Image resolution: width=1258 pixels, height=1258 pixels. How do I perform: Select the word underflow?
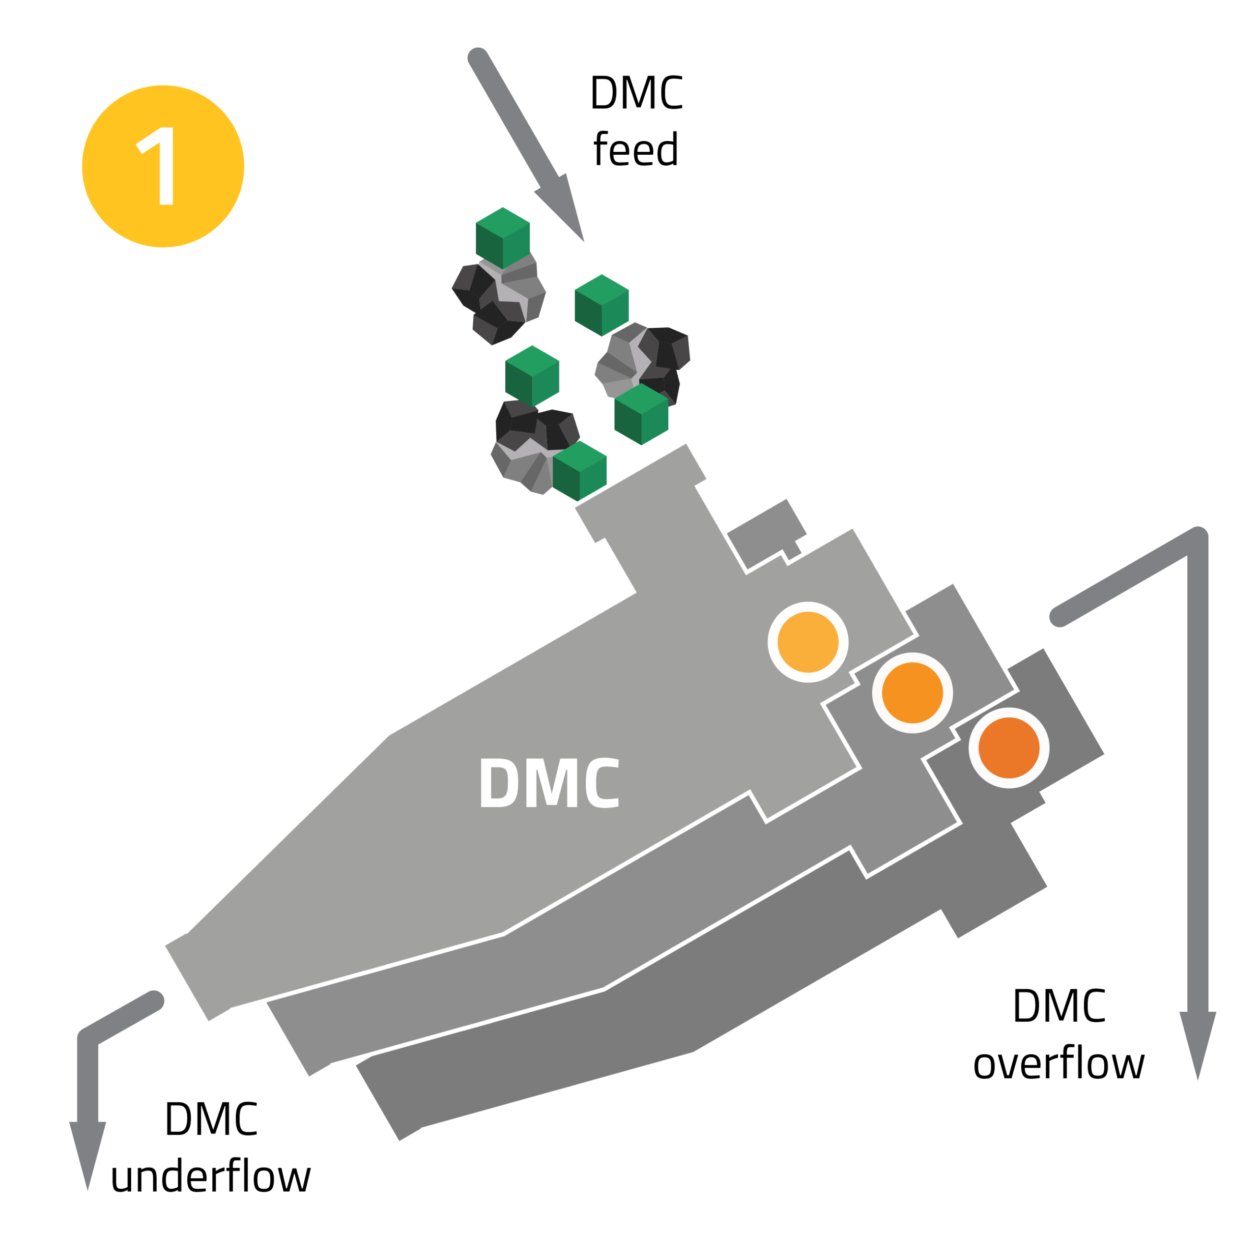click(x=210, y=1177)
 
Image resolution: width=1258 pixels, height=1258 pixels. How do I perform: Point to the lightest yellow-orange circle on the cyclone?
click(x=807, y=642)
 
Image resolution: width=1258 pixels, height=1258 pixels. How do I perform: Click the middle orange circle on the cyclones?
click(x=912, y=693)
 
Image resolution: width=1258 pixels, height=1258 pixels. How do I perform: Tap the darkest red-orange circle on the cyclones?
click(x=1009, y=747)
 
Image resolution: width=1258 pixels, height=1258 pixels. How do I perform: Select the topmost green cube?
click(x=503, y=238)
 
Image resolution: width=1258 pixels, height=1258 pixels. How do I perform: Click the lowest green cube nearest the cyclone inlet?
click(x=579, y=471)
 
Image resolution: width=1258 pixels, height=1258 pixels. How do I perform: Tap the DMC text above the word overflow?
click(x=1058, y=1006)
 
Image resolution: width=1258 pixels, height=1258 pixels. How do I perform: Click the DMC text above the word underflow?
click(x=210, y=1118)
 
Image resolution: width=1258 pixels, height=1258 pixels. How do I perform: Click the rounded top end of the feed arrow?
click(x=478, y=58)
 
